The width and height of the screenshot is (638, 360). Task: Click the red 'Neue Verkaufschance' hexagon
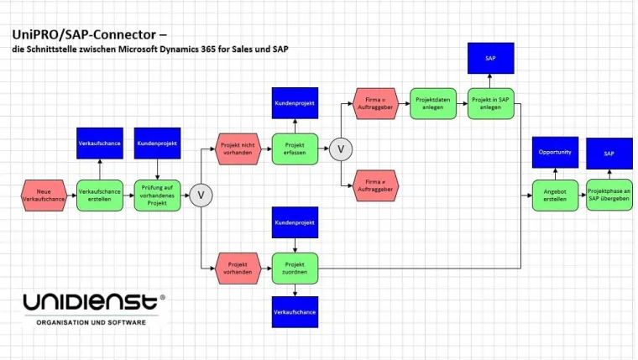coord(44,196)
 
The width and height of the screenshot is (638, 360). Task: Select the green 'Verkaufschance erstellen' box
coord(100,196)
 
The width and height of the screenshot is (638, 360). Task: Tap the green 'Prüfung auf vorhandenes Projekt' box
coord(158,196)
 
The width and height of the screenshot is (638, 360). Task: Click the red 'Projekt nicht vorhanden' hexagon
coord(238,149)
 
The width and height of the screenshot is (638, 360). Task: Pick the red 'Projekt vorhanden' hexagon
coord(238,267)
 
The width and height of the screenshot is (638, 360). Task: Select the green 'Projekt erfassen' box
coord(295,149)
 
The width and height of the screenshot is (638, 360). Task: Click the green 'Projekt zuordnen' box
coord(295,267)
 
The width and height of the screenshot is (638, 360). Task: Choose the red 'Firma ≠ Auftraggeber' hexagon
coord(374,185)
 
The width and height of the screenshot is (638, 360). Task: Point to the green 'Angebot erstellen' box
coord(555,195)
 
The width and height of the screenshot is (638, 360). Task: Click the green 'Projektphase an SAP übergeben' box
coord(609,195)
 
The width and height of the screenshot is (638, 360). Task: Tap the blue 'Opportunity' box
coord(555,152)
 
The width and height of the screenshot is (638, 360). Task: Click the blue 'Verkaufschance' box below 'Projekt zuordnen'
coord(295,311)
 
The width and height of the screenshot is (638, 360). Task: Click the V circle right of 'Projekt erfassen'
coord(341,149)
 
